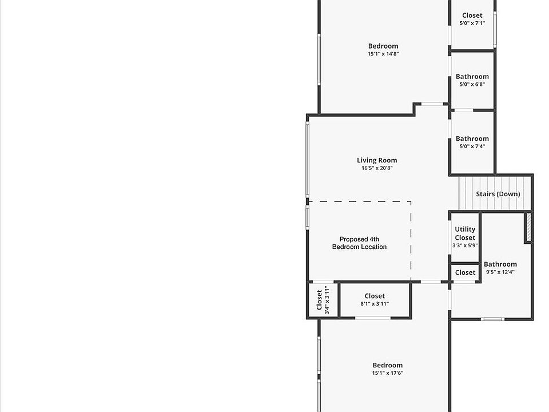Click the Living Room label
[377, 160]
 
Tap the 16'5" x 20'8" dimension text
[377, 168]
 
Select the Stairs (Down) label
[498, 194]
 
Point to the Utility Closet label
[465, 233]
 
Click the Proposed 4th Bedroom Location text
[359, 243]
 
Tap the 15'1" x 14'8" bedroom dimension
[383, 54]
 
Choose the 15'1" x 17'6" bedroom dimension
[388, 373]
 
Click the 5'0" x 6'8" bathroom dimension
[472, 85]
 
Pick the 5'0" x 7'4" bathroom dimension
[472, 146]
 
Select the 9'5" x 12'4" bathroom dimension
[500, 272]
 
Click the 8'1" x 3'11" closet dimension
[375, 304]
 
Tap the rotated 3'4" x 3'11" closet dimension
[327, 300]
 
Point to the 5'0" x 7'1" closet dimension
[472, 23]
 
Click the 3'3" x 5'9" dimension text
[465, 245]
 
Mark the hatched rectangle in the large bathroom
[528, 227]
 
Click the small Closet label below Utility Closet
[466, 272]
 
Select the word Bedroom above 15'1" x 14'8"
[383, 46]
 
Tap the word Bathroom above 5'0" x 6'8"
[472, 76]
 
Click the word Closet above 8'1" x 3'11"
[375, 296]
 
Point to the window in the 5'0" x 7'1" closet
[495, 29]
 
